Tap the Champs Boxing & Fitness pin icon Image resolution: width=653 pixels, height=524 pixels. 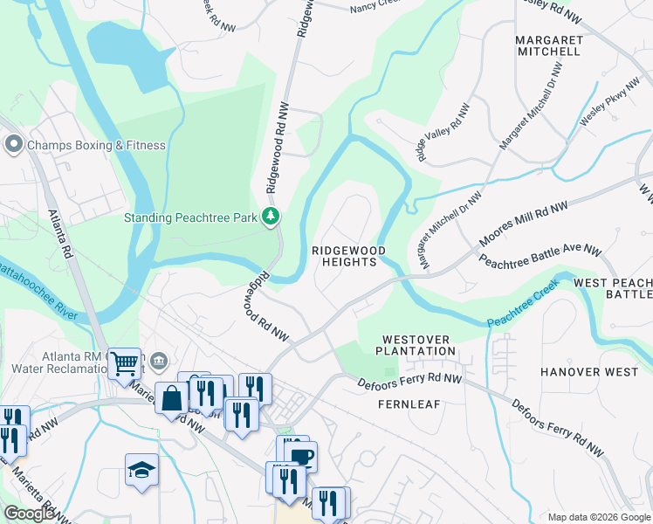pyautogui.click(x=13, y=144)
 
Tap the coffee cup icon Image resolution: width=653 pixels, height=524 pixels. pyautogui.click(x=301, y=457)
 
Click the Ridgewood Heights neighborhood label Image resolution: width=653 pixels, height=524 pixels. pyautogui.click(x=348, y=256)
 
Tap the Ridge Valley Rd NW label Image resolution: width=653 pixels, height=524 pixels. pyautogui.click(x=443, y=133)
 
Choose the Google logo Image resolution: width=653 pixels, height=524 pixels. pyautogui.click(x=29, y=514)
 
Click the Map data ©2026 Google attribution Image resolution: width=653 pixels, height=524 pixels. pyautogui.click(x=598, y=517)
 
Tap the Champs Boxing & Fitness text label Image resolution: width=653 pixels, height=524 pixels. pyautogui.click(x=96, y=145)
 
